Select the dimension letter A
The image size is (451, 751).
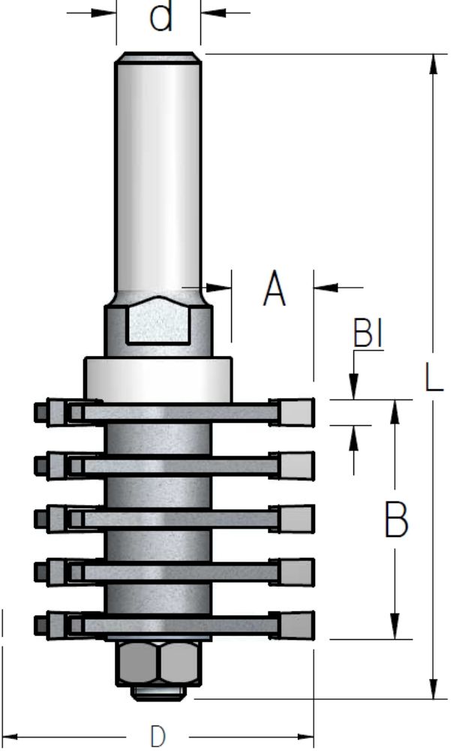coord(275,288)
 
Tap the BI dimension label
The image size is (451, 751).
coord(368,333)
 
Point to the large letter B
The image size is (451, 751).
coord(396,520)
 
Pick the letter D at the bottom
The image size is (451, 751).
coord(158,736)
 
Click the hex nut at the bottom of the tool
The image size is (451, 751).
coord(158,663)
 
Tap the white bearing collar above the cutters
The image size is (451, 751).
coord(158,379)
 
